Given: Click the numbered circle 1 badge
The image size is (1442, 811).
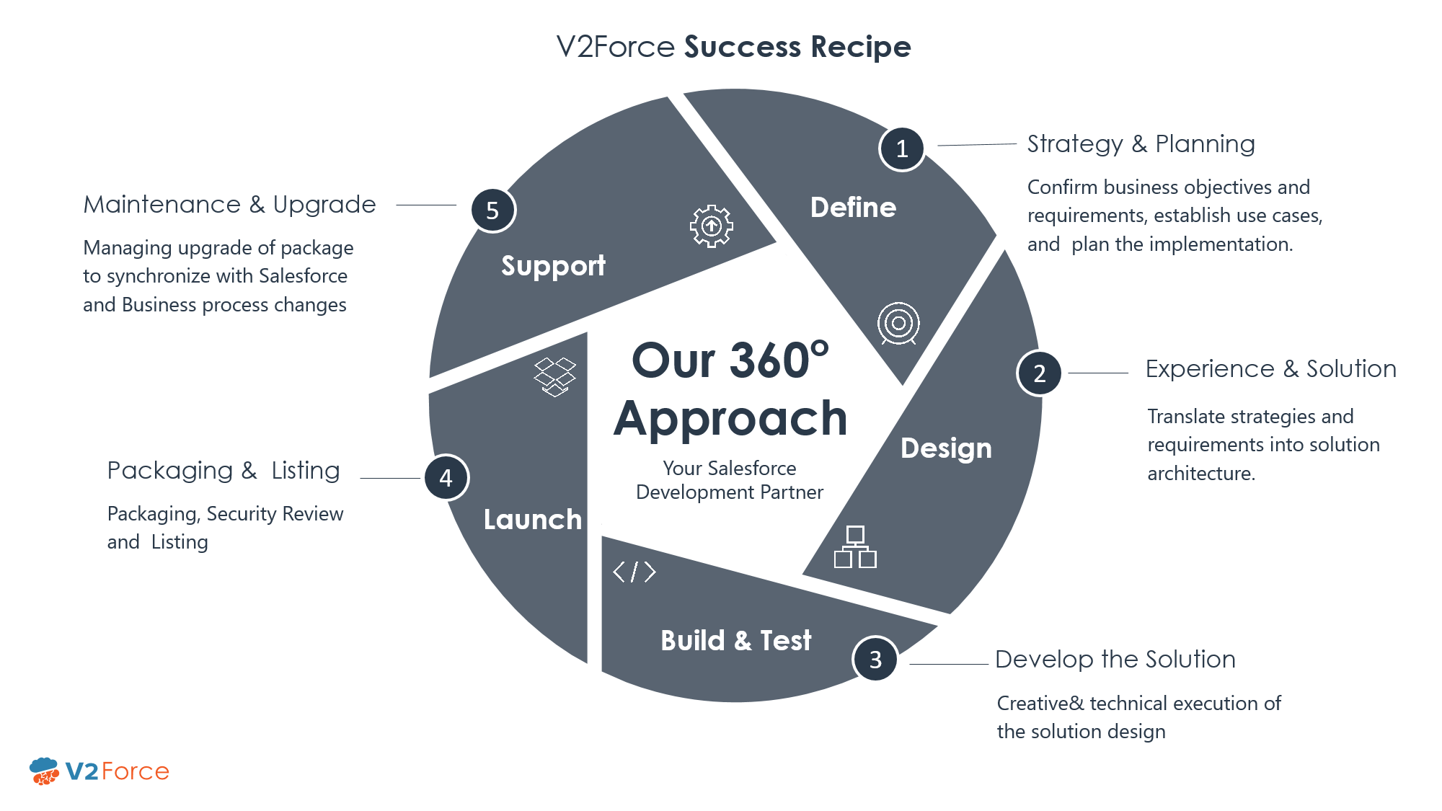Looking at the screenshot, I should (x=901, y=149).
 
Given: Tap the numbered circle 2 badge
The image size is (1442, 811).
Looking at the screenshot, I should (x=1039, y=373).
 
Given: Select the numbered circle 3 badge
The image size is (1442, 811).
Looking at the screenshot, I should (x=875, y=659).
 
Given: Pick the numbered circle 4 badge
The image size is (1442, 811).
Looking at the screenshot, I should (x=446, y=477).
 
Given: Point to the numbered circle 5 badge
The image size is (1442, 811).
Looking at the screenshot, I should (x=493, y=210).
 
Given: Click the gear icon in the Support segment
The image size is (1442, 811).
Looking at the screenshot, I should (x=712, y=226).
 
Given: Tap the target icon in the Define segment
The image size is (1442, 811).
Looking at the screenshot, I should (x=898, y=323).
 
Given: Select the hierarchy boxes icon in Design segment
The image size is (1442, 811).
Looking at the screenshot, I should (x=855, y=547).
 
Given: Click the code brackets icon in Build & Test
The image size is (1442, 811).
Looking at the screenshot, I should (x=634, y=572).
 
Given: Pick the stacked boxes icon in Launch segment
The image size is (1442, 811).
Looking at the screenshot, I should (x=554, y=376).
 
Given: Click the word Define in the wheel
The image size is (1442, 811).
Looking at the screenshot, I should (x=853, y=208).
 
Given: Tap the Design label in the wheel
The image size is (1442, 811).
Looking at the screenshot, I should (x=946, y=448).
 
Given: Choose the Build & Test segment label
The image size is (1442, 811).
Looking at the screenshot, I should (x=735, y=640).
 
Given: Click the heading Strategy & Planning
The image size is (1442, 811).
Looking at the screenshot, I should (x=1141, y=144).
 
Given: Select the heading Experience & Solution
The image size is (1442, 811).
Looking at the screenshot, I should (x=1270, y=369).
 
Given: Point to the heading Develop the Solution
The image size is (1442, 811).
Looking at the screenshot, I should (x=1115, y=660).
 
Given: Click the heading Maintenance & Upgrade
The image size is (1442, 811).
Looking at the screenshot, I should (x=229, y=205).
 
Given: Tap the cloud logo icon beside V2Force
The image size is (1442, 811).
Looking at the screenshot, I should (x=45, y=771).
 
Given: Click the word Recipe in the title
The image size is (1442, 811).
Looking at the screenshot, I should (x=860, y=47).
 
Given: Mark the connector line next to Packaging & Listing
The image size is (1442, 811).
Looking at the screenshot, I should (x=389, y=478).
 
